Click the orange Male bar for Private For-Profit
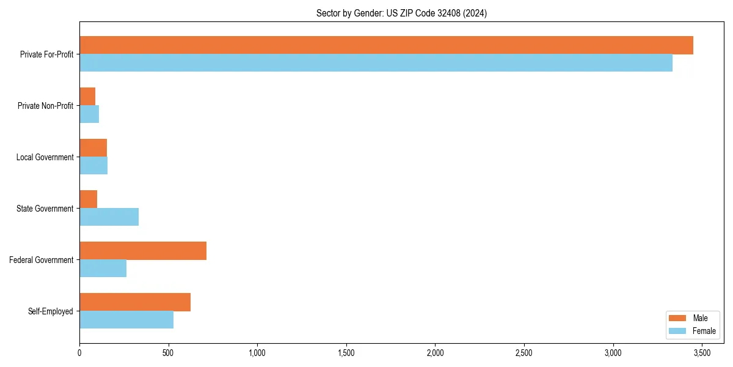[386, 45]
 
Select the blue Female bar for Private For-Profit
[376, 63]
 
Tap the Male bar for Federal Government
[143, 251]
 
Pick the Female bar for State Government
[109, 217]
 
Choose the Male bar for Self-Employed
[135, 302]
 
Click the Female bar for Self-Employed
[126, 320]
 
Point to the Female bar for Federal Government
[103, 269]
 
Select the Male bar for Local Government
[93, 148]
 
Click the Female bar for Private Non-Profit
[89, 114]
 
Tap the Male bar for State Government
[88, 199]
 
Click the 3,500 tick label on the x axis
[702, 353]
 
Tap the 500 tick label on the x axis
[168, 353]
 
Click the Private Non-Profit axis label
[45, 106]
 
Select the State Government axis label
[45, 209]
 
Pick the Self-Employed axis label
[50, 311]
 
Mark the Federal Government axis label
[41, 260]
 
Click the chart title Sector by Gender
[401, 13]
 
